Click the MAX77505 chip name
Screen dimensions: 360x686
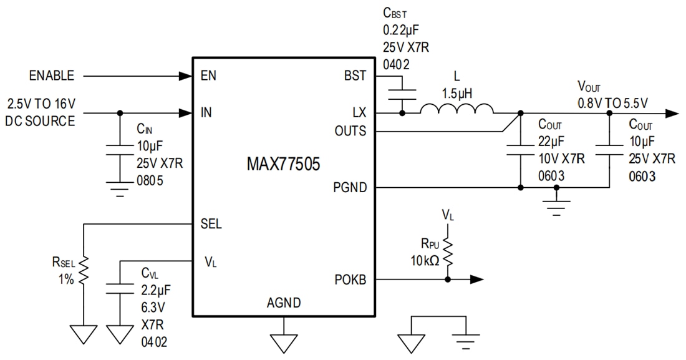click(283, 165)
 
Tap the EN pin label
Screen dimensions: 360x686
click(209, 76)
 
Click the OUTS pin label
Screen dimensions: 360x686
click(350, 132)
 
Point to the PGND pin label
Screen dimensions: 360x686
click(350, 187)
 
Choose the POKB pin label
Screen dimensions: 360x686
click(350, 280)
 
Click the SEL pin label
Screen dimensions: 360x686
click(211, 224)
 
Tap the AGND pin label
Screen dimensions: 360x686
click(284, 303)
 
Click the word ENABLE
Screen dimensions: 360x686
click(52, 76)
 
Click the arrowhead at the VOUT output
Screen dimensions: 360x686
click(672, 114)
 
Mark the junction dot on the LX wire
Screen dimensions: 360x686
click(402, 114)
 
